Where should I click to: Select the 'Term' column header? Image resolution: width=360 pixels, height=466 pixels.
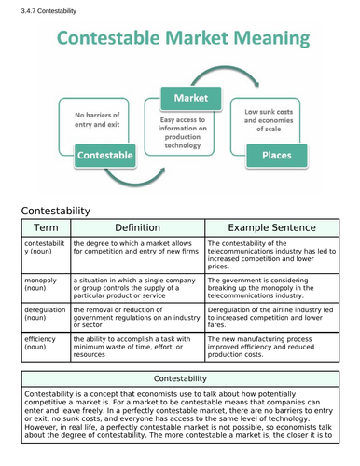(x=45, y=227)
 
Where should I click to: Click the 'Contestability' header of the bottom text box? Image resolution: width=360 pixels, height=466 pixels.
(x=181, y=377)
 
